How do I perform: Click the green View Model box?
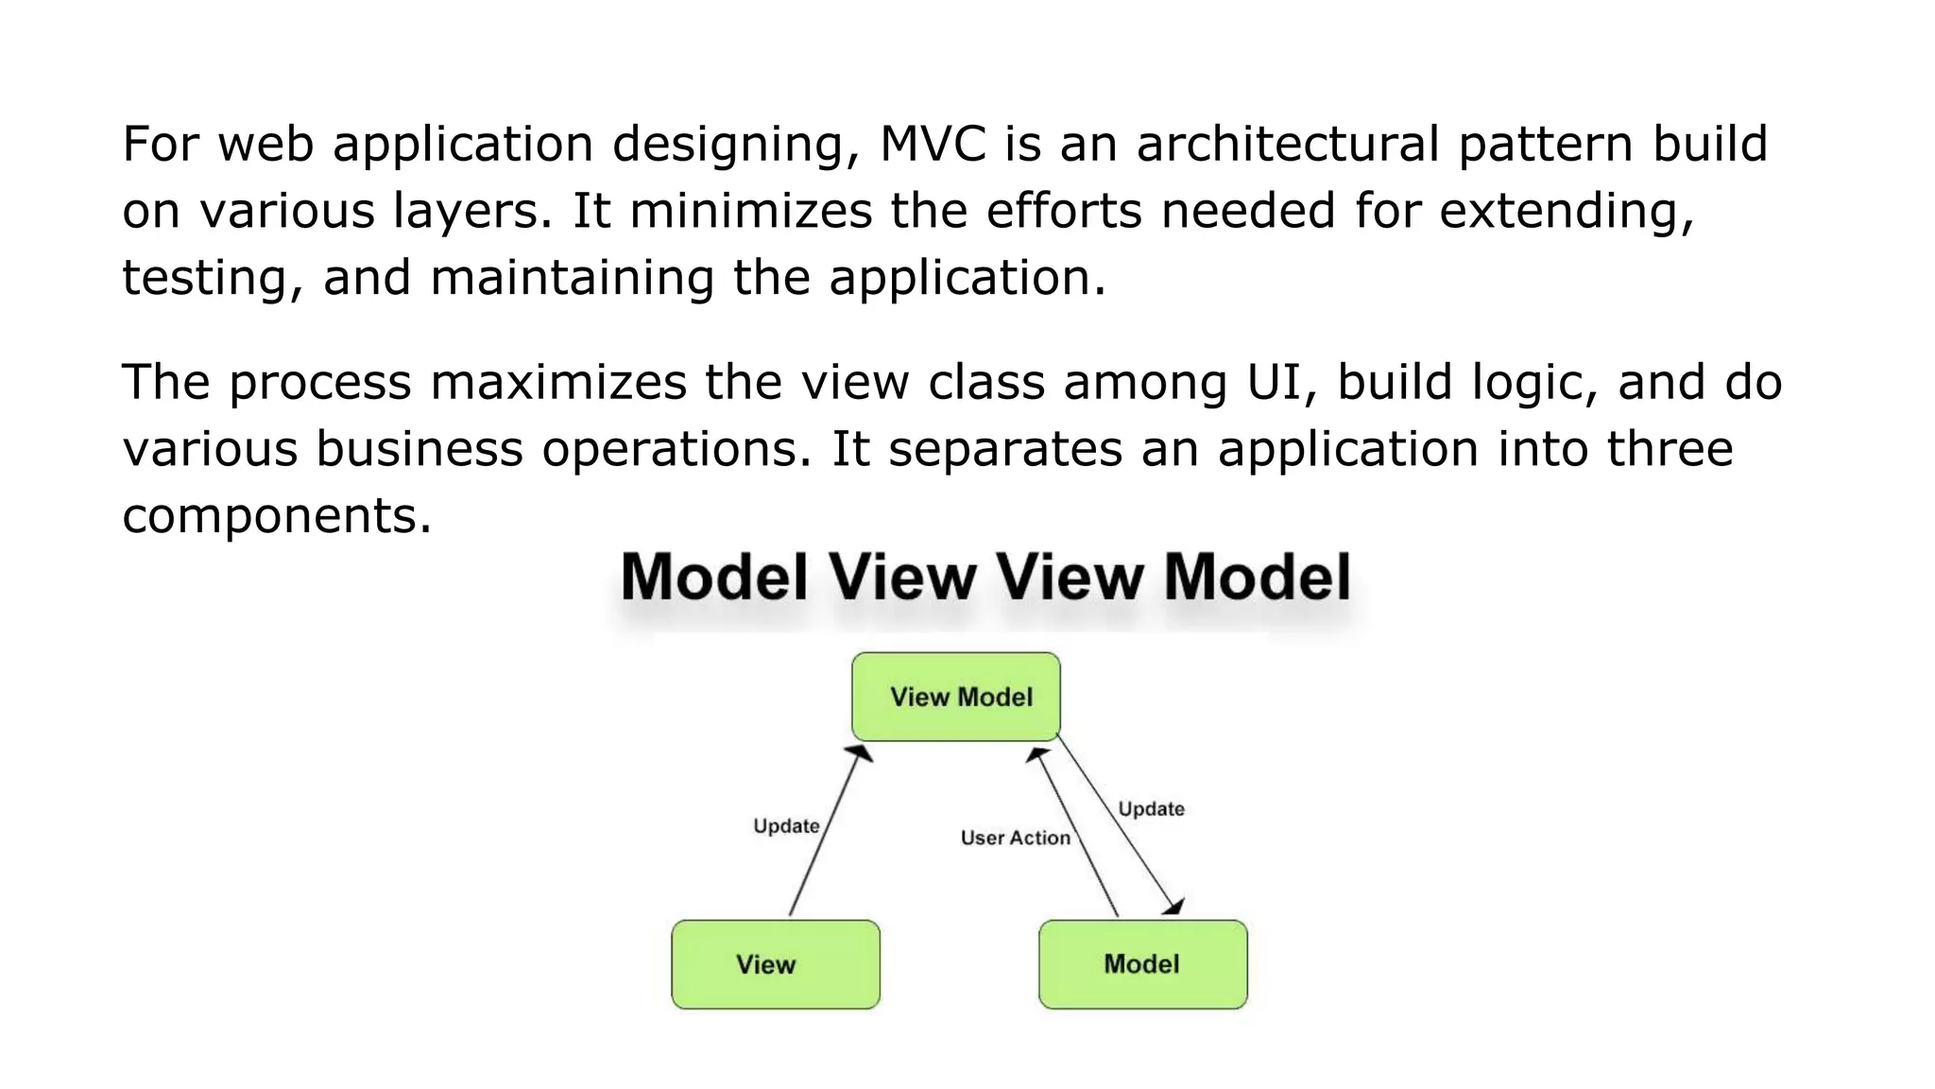(955, 697)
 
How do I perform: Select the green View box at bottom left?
(776, 964)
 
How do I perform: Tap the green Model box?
(1142, 964)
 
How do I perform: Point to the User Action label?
(1015, 838)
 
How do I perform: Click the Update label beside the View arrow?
(786, 826)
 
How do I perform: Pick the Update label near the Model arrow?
(1151, 809)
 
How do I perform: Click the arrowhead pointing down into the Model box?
(1174, 907)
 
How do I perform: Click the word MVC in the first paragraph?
(933, 145)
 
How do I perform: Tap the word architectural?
(1288, 145)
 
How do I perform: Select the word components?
(277, 517)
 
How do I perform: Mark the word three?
(1670, 449)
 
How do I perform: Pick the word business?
(419, 449)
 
